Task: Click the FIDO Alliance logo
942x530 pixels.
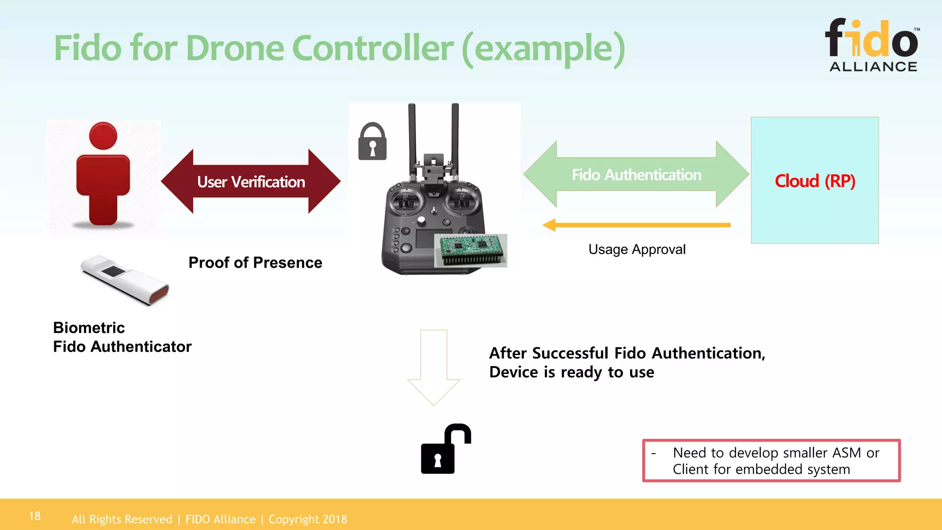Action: (873, 45)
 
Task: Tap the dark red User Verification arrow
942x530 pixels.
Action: (251, 181)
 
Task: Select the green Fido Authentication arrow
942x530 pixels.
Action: (636, 174)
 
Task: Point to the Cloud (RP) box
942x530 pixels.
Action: (815, 180)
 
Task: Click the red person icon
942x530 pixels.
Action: (103, 175)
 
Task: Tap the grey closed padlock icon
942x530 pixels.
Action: (372, 142)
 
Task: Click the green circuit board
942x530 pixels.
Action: (471, 250)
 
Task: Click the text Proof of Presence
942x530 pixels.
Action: (255, 263)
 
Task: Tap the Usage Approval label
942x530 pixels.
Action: (637, 249)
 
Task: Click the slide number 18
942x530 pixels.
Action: (34, 516)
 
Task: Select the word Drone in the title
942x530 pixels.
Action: (235, 48)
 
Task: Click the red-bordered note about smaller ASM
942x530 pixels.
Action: (771, 461)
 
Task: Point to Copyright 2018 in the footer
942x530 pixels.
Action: (308, 519)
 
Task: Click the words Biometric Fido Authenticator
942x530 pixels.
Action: (122, 337)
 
